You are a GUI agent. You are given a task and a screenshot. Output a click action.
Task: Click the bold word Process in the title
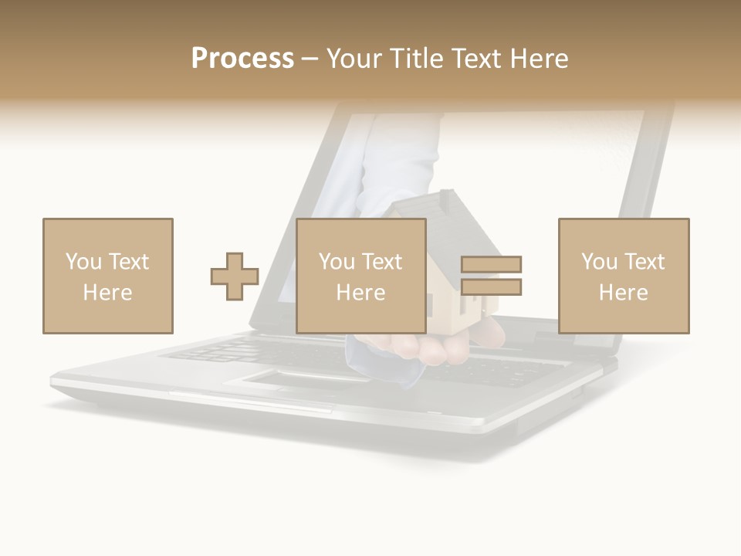click(x=242, y=59)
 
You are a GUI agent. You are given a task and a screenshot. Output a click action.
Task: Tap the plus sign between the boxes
click(x=235, y=276)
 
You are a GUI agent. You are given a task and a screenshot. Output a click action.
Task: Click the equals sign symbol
click(x=491, y=276)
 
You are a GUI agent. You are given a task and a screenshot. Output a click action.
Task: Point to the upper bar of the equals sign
click(x=491, y=265)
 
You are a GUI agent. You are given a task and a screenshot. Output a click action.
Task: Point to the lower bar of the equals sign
click(x=491, y=287)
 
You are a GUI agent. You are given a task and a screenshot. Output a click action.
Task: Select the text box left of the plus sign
click(x=108, y=276)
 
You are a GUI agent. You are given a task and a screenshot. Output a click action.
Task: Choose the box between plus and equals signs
click(x=361, y=276)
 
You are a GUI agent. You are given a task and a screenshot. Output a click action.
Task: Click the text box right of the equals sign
click(x=624, y=276)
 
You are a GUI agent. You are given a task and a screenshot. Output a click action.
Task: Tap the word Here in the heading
click(x=538, y=59)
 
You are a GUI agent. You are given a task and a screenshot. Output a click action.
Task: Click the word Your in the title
click(x=352, y=59)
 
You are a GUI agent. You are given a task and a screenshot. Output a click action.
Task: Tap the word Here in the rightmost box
click(x=624, y=293)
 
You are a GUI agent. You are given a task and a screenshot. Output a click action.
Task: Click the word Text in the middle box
click(x=382, y=262)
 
